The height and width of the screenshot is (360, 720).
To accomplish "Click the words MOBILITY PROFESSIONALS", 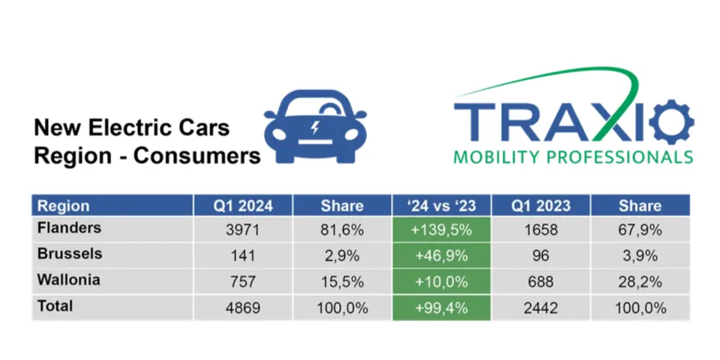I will (x=573, y=157).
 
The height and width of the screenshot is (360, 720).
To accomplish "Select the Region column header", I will (x=63, y=205).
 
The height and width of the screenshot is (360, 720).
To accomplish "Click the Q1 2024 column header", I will (x=243, y=205).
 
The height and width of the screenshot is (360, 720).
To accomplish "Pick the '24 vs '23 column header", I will (x=441, y=205).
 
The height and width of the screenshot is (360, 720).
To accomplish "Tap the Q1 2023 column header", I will (x=541, y=205).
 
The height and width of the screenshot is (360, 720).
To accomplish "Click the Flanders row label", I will (x=69, y=228).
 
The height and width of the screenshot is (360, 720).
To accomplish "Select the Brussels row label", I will (x=69, y=254).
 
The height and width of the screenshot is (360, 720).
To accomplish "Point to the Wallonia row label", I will (x=69, y=280).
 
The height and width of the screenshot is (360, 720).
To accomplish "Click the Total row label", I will (x=55, y=306).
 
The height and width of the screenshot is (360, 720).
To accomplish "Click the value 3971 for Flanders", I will (x=243, y=230).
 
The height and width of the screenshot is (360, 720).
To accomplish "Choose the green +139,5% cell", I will (x=441, y=230).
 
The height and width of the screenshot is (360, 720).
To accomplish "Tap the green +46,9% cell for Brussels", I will (x=441, y=256).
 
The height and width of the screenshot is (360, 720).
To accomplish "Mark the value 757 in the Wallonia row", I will (x=243, y=282).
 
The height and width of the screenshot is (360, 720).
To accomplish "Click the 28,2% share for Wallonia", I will (x=640, y=282).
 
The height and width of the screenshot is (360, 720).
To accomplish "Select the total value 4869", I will (x=243, y=307).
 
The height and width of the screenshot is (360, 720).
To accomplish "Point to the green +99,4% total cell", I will (x=441, y=307).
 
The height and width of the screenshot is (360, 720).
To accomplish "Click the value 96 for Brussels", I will (x=541, y=256).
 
